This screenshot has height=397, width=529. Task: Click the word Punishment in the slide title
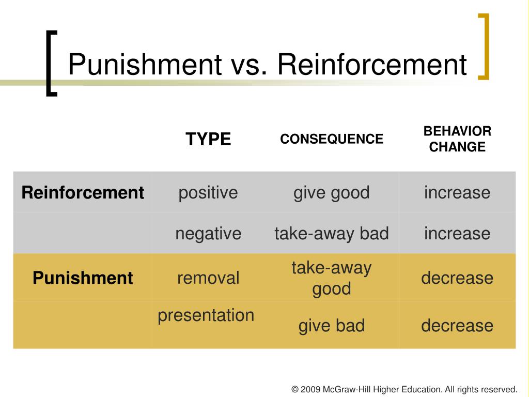point(145,64)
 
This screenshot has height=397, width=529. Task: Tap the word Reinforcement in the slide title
point(372,64)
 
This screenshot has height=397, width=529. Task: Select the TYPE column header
point(208,139)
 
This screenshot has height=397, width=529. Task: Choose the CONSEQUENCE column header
point(332,139)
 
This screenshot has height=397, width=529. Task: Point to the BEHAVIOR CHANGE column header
point(457,139)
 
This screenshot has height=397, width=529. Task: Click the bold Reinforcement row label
point(83,193)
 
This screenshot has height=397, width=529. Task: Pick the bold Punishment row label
point(83,278)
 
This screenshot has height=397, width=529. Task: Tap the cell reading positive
point(208,193)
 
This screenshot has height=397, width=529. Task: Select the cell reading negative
point(208,234)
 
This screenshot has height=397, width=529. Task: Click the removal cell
point(208,278)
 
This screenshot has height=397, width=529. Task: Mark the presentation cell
point(206,316)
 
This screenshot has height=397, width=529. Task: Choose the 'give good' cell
point(332,193)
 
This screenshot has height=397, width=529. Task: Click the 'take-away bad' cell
point(332,233)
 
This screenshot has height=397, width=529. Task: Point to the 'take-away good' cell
point(332,279)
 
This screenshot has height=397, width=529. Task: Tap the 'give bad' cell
point(332,326)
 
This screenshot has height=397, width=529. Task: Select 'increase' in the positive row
point(457,193)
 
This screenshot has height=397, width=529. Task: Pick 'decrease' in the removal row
point(457,278)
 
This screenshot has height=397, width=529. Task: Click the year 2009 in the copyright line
point(310,389)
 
